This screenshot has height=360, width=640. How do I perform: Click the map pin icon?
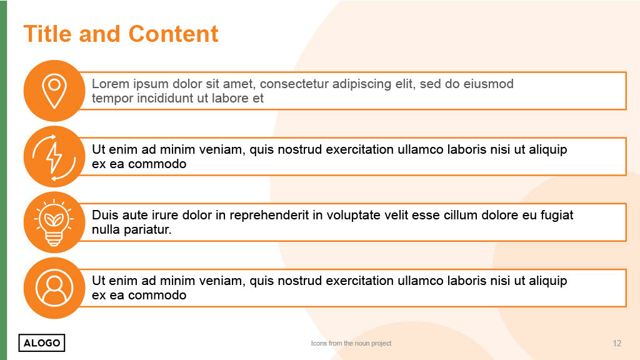coord(54,91)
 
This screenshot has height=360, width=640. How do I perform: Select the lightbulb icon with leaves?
coord(54,223)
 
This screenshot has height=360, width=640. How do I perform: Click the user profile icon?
coord(54,287)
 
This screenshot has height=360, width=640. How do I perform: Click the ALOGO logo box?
coord(42,343)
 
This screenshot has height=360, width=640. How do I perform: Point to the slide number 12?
coord(617,343)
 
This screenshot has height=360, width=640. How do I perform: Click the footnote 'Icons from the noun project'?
coord(351,343)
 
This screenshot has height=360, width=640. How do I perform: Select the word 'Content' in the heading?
coord(174,34)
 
